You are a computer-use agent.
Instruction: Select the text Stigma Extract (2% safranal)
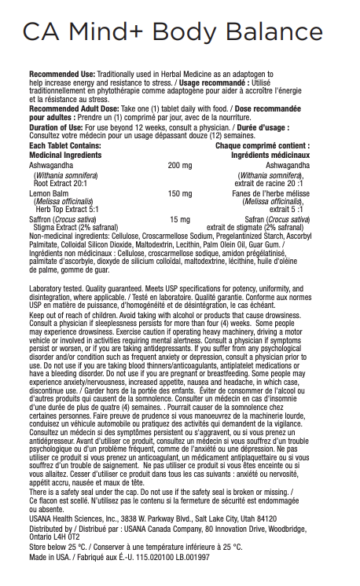click(x=75, y=227)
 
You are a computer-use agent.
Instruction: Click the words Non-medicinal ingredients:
click(x=68, y=235)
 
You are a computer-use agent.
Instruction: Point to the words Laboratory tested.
click(x=54, y=290)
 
